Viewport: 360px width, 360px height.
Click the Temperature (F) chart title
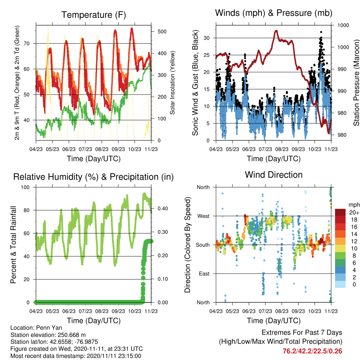point(94,15)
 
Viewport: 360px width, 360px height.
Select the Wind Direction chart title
point(274,175)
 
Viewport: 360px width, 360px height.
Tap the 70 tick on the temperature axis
point(27,43)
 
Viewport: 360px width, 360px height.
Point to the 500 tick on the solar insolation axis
point(162,31)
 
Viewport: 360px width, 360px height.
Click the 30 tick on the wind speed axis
point(207,38)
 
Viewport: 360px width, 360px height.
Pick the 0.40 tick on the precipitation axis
point(163,208)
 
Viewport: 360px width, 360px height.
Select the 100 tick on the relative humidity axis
point(25,187)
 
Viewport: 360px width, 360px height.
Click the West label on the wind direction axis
point(204,216)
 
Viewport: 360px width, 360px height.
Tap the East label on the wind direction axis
point(204,274)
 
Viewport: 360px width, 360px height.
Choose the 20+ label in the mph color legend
point(354,212)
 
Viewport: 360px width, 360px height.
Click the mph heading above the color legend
point(354,205)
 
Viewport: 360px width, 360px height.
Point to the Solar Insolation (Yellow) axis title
point(172,83)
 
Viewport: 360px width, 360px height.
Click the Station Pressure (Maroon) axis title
point(356,83)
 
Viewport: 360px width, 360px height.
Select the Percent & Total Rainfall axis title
point(13,245)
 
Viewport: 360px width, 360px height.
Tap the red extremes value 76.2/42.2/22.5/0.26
point(312,351)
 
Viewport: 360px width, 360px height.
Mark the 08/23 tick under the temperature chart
point(102,149)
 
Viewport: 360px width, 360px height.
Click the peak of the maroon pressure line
point(276,31)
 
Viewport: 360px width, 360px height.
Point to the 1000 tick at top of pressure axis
point(343,25)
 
